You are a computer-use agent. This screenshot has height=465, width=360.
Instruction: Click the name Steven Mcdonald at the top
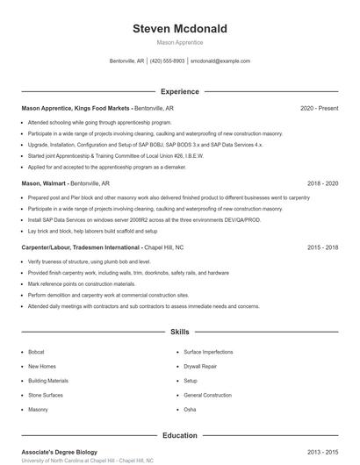pos(179,29)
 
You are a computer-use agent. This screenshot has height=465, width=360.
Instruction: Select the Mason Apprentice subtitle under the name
pos(179,42)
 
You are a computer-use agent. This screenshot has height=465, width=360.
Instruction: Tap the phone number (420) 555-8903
pos(167,61)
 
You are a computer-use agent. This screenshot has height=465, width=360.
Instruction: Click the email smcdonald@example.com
pos(220,61)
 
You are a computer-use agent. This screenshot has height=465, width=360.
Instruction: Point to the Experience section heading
pos(179,91)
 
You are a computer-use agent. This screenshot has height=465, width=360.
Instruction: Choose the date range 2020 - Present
pos(319,108)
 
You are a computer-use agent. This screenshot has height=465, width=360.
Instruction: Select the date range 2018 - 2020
pos(322,184)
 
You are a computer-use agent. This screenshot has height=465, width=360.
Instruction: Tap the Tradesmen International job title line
pos(102,248)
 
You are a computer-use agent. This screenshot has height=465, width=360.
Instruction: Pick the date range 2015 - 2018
pos(322,248)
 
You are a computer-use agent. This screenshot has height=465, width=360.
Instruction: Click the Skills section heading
pos(179,333)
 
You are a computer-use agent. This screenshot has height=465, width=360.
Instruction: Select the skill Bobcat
pos(36,351)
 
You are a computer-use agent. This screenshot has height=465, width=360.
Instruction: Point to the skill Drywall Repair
pos(201,366)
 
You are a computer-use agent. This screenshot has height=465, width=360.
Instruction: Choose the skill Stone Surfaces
pos(46,395)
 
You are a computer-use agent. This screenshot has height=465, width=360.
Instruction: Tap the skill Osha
pos(190,410)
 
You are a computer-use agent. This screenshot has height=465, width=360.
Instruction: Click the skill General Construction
pos(207,395)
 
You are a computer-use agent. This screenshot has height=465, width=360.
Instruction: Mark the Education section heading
pos(179,435)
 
